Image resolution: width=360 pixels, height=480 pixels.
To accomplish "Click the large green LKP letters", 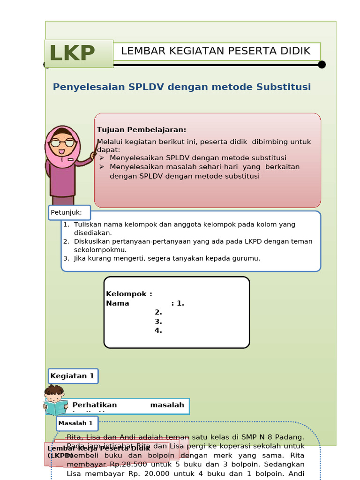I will click(x=73, y=53).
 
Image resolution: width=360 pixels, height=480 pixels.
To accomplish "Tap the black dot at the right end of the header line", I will click(x=322, y=65).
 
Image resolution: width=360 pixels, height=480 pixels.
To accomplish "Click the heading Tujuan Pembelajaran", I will click(x=142, y=130).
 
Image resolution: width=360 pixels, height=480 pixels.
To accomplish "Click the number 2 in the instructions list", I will click(x=66, y=241).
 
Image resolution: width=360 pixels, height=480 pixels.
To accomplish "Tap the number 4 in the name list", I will click(x=158, y=330).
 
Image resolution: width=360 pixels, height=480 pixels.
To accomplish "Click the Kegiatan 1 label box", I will click(x=73, y=376).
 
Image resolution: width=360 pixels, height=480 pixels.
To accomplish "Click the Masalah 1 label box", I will click(x=77, y=423).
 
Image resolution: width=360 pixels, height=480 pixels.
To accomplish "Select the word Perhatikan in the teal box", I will click(x=95, y=405).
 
